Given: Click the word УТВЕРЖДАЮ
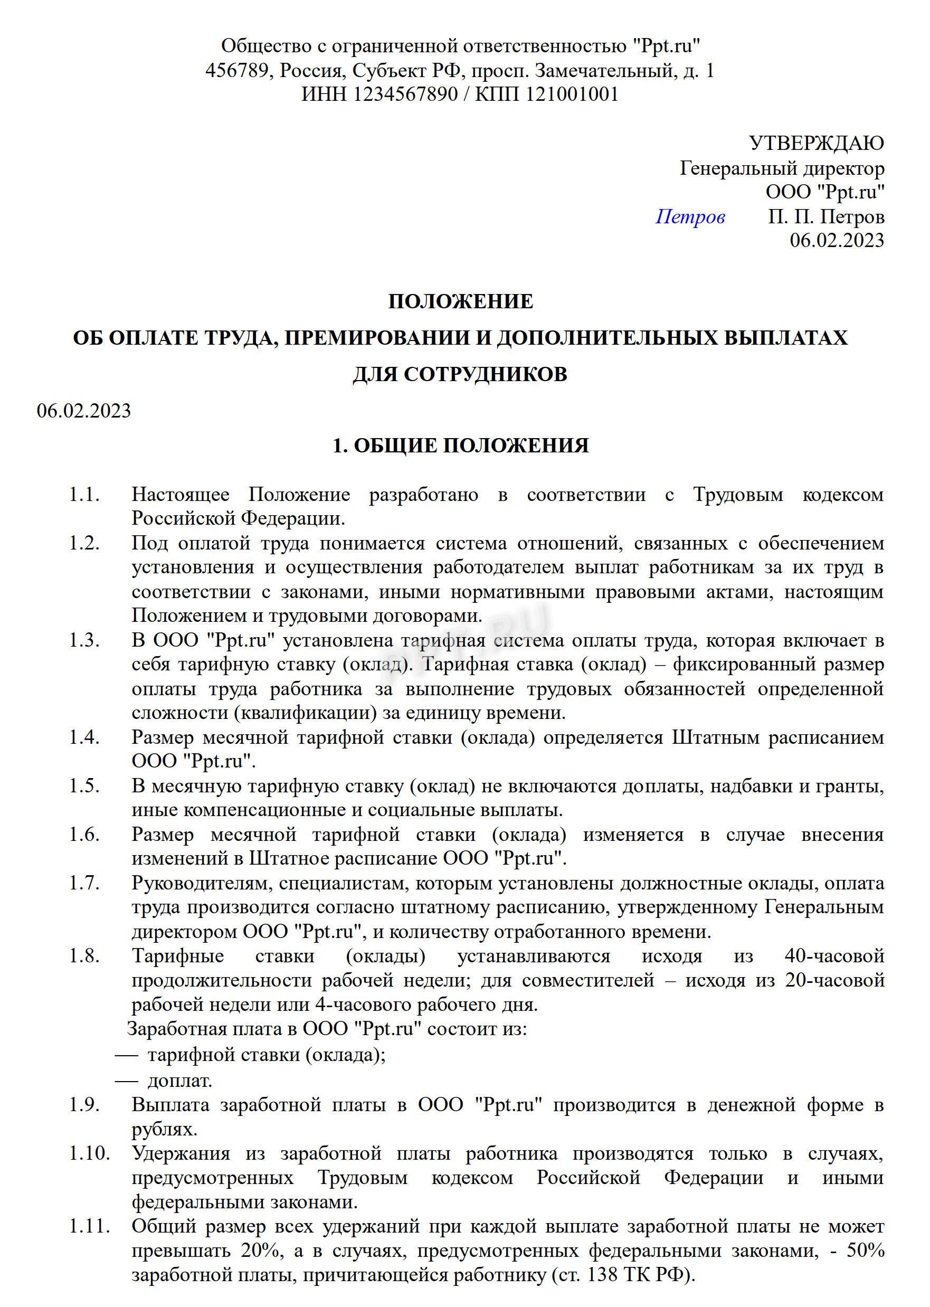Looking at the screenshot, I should [816, 143].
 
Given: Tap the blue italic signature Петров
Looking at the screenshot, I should [690, 216].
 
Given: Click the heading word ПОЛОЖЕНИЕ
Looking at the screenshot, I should [460, 301].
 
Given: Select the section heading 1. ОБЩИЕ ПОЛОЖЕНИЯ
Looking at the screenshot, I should [460, 446].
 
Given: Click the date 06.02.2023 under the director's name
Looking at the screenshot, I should [837, 240].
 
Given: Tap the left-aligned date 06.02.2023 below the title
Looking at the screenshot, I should [83, 411].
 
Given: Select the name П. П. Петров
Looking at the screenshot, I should [826, 216].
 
